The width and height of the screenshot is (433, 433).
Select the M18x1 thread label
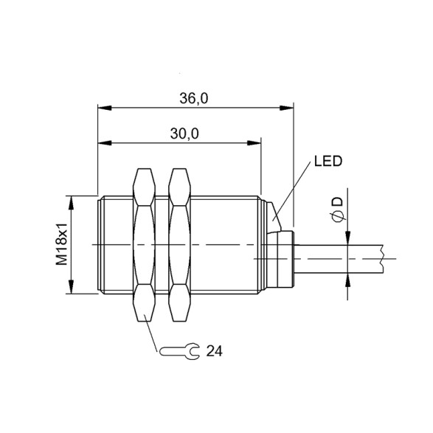pyautogui.click(x=63, y=245)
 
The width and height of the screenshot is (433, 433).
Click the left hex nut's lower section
pyautogui.click(x=144, y=305)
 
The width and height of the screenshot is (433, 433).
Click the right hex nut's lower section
pyautogui.click(x=179, y=305)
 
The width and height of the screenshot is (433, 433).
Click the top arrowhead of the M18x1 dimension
pyautogui.click(x=72, y=199)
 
